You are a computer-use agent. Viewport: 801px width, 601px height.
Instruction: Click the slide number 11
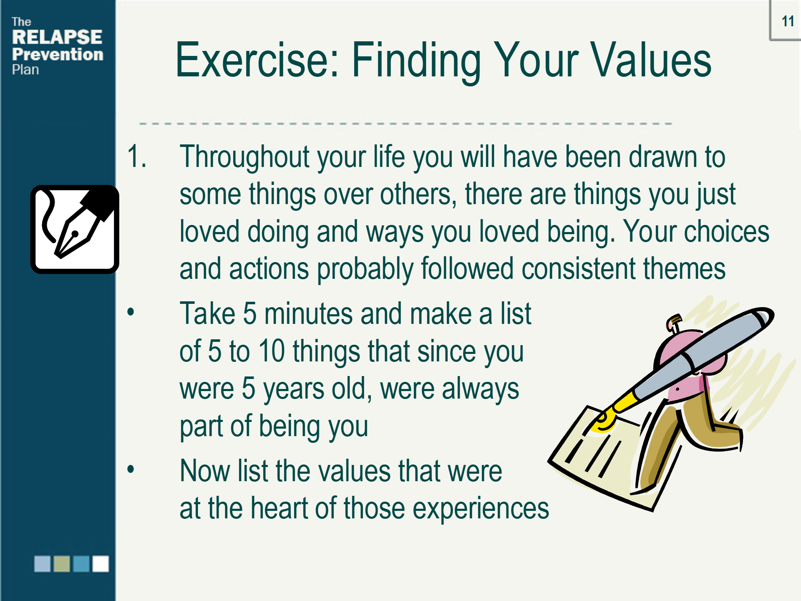tap(788, 21)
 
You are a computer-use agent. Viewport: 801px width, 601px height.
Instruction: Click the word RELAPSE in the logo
tap(57, 37)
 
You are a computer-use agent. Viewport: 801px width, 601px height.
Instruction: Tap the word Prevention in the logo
tap(58, 54)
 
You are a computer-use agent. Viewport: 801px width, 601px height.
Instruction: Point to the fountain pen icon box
tap(75, 230)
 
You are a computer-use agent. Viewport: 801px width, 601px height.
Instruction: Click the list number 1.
tap(137, 157)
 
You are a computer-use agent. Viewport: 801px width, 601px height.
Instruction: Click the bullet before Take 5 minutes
tap(131, 312)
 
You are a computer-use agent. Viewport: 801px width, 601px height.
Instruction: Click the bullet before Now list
tap(131, 469)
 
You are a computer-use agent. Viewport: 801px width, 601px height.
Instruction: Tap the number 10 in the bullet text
tap(272, 351)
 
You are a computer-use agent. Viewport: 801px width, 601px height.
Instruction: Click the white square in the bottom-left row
tap(101, 564)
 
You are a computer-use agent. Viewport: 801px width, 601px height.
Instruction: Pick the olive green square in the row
tap(62, 564)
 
